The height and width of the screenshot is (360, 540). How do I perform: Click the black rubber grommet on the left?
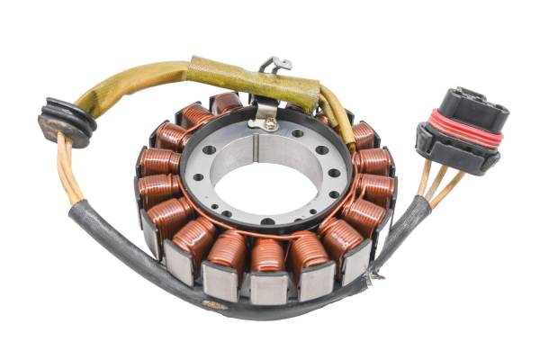coord(66,120)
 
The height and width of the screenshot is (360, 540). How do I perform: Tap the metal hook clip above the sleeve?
coord(274,64)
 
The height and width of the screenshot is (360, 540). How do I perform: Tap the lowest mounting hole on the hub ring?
coord(267,220)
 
